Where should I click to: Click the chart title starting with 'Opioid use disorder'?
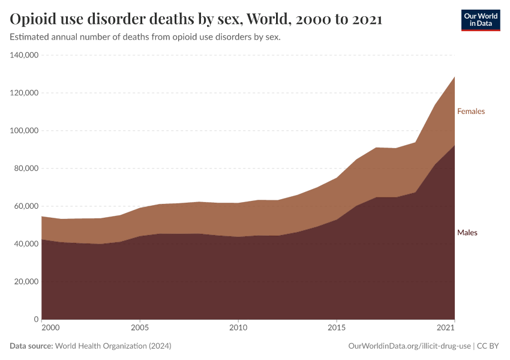coord(196,19)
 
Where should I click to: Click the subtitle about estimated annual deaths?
coord(146,37)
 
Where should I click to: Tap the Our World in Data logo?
coord(480,20)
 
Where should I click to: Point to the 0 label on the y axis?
coord(37,319)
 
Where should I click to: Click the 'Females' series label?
coord(470,111)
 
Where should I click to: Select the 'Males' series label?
coord(467,233)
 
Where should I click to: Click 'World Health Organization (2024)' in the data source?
coord(113,346)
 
